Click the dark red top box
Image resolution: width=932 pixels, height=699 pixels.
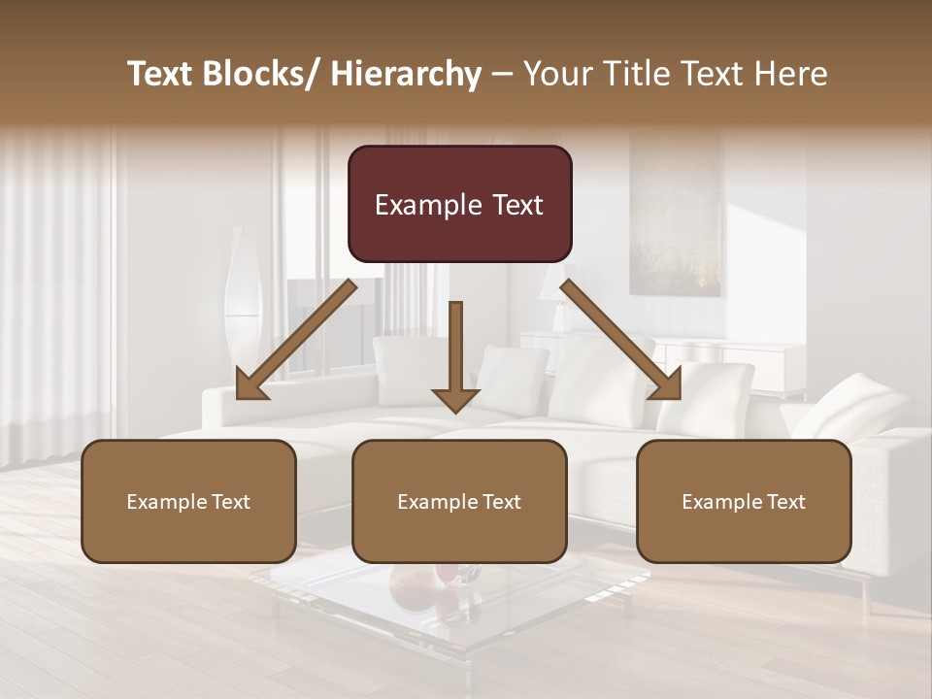pos(459,204)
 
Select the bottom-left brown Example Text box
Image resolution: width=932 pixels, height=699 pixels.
pos(188,502)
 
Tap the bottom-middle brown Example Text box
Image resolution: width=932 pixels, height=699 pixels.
pos(459,502)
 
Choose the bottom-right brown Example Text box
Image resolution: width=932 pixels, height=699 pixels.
pos(744,502)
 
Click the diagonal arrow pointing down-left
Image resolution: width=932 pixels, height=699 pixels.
pos(296,340)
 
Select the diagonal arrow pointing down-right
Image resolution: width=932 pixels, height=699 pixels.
pos(621,340)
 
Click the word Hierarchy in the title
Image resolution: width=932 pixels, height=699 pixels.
pos(406,74)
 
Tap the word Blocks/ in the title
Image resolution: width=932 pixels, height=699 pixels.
pos(261,74)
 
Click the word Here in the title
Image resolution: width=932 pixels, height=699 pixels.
pos(789,74)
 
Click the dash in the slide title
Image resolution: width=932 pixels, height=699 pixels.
pos(503,74)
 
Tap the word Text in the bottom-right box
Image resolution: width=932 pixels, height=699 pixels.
pos(786,502)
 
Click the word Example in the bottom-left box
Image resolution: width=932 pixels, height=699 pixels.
pos(167,502)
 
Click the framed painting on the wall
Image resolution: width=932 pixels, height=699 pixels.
pos(676,214)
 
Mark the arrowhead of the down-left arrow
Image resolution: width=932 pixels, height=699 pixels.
pos(251,384)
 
